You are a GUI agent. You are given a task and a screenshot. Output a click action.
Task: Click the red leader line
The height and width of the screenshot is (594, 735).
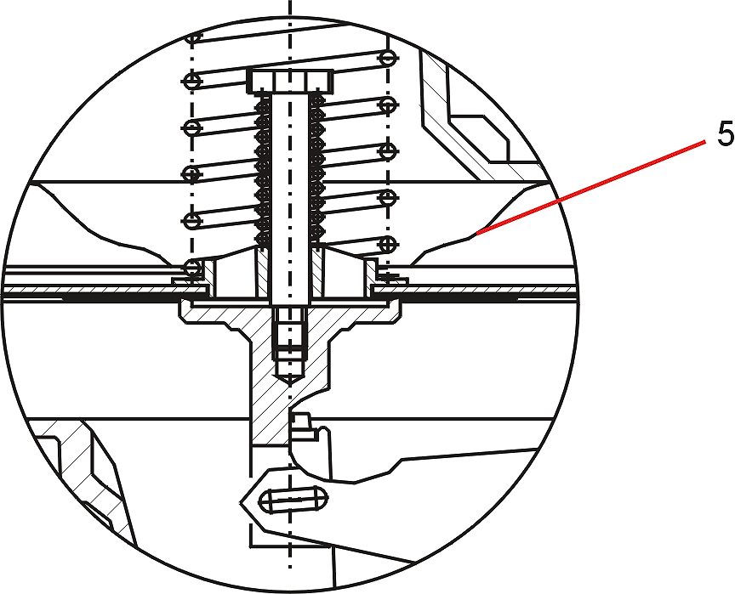pos(590,186)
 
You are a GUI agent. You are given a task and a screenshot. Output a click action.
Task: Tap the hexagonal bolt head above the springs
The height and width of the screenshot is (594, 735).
pos(290,81)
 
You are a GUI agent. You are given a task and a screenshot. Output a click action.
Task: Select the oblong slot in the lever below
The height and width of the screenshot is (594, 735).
pos(293,500)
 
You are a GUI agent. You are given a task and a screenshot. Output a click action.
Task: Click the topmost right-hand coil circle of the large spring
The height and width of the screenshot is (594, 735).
pos(388,58)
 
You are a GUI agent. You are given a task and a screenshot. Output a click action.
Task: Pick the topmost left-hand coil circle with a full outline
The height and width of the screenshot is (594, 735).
pos(191,81)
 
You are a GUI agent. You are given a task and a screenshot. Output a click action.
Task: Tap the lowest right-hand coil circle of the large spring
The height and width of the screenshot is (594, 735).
pos(388,243)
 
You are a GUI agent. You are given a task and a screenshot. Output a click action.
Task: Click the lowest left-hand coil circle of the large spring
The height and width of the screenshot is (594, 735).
pos(191,269)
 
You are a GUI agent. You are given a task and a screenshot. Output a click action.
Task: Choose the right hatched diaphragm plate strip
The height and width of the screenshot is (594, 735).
pos(474,291)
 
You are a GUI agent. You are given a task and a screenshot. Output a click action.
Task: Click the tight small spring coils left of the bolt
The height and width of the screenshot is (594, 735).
pos(264,171)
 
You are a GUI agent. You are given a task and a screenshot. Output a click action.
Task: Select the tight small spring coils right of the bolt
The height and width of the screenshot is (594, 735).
pos(316,171)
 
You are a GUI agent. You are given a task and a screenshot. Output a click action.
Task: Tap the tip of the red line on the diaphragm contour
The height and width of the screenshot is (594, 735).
pos(476,232)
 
